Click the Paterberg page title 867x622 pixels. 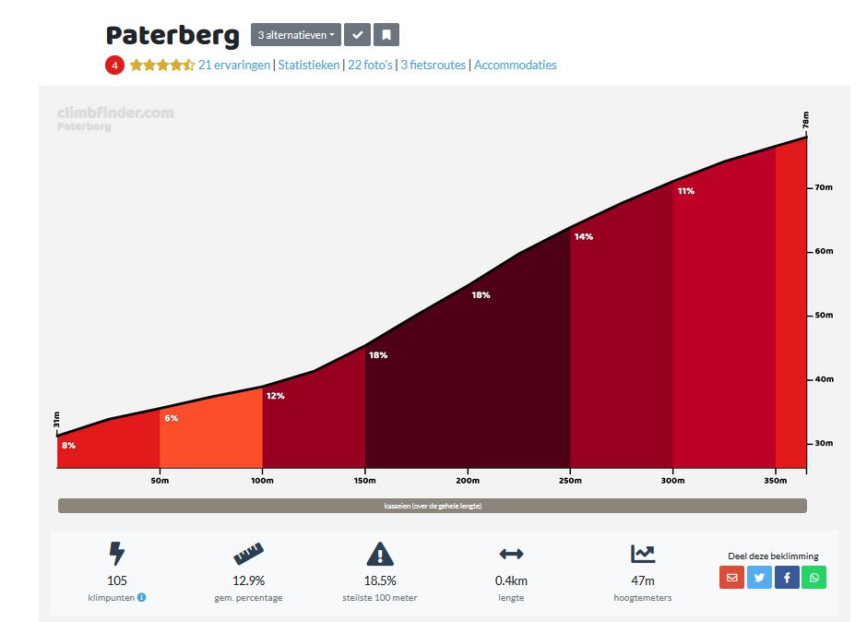click(172, 35)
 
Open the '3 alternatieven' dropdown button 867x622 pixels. click(295, 35)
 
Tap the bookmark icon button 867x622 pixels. click(386, 35)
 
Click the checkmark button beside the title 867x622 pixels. click(357, 35)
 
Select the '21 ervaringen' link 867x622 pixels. click(234, 65)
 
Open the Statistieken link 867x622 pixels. click(308, 65)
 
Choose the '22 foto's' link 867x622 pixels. click(370, 65)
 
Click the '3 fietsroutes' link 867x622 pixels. click(433, 65)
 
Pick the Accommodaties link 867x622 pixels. click(515, 65)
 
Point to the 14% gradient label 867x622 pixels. click(583, 237)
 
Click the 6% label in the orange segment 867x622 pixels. click(172, 418)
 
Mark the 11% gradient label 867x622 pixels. click(685, 191)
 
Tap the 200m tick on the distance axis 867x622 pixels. click(468, 480)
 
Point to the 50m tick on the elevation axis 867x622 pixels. click(823, 316)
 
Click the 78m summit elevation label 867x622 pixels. click(805, 121)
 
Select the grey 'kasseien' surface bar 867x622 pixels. click(432, 506)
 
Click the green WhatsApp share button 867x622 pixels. click(814, 578)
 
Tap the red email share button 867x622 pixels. click(731, 578)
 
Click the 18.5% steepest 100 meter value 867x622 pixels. click(380, 580)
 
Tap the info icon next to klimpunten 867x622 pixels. click(142, 597)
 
